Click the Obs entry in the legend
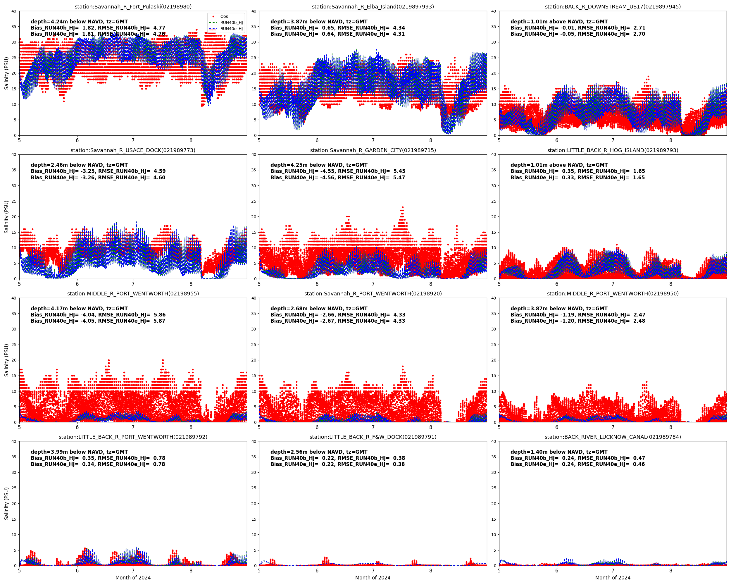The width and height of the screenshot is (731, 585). (x=224, y=16)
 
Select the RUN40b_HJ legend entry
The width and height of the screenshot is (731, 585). (x=231, y=23)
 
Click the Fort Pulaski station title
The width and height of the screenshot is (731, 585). (x=133, y=6)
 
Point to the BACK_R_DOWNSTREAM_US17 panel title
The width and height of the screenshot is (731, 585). (x=613, y=6)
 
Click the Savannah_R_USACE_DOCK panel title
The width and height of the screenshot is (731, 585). (x=133, y=150)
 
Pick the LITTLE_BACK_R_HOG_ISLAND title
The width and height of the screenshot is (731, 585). (x=613, y=150)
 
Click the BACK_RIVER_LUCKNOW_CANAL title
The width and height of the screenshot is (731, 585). (x=613, y=437)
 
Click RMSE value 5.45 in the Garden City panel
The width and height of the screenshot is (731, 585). (x=399, y=171)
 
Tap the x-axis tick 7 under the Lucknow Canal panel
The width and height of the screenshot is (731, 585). (x=613, y=570)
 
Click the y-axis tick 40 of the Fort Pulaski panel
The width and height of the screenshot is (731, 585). (x=14, y=11)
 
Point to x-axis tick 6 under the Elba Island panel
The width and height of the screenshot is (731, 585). (x=317, y=140)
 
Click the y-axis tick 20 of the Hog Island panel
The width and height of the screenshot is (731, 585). (x=494, y=217)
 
